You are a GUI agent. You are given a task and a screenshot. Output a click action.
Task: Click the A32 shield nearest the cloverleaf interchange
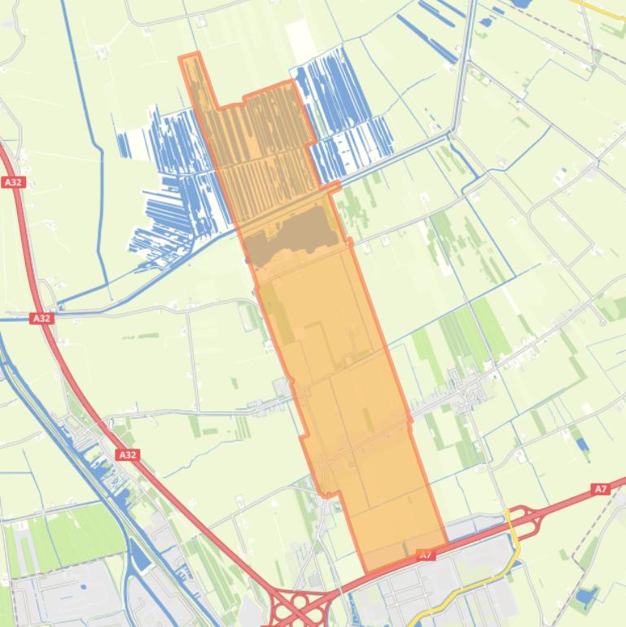tap(128, 454)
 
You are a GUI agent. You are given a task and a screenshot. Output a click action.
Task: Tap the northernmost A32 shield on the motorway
tap(13, 182)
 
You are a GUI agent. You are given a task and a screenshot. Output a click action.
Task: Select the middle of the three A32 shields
tap(42, 318)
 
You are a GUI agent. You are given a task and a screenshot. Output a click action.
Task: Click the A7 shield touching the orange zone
tap(425, 555)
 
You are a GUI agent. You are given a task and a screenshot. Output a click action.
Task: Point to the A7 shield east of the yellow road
tap(600, 489)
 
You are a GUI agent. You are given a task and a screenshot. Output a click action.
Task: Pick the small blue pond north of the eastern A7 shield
tap(581, 444)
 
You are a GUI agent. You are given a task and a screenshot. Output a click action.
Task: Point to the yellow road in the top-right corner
tap(611, 10)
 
